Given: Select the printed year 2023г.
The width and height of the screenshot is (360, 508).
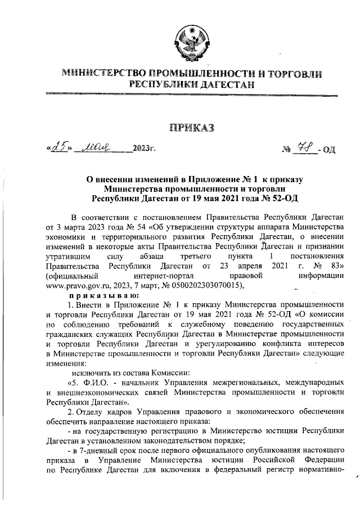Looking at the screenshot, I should click(x=143, y=149).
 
